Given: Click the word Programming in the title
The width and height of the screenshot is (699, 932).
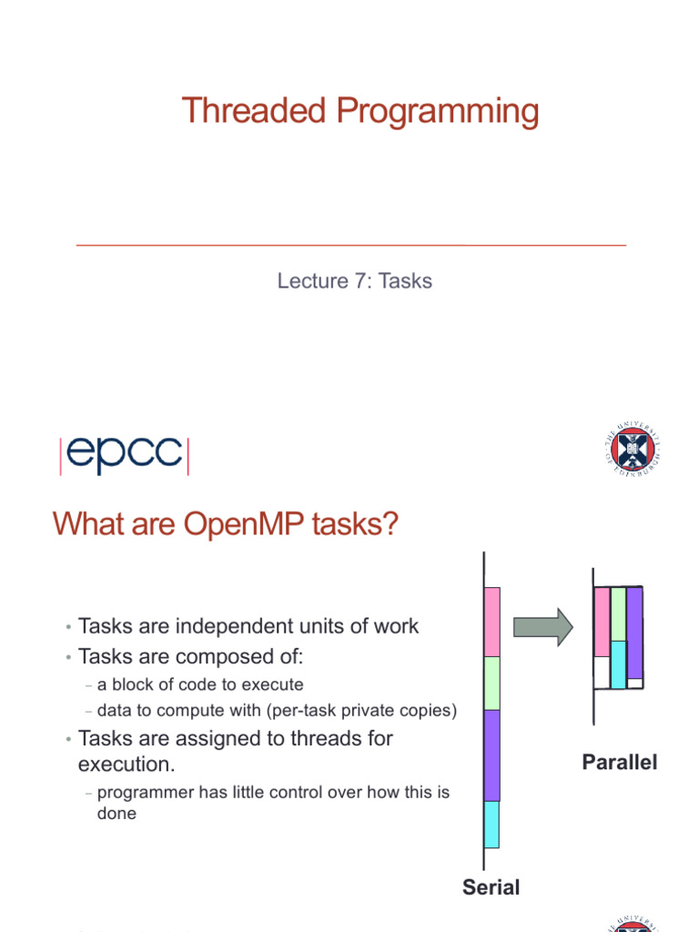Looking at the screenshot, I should coord(437,111).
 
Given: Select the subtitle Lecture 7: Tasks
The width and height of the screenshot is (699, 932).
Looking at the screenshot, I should coord(354,280).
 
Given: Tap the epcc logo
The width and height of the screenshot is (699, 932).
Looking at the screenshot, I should coord(124,455).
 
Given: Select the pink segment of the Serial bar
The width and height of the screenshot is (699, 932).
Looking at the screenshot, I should coord(491,622).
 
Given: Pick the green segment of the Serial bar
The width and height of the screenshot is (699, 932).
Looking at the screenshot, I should coord(491,683).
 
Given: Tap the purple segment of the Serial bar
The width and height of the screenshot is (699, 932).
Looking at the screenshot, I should coord(491,755).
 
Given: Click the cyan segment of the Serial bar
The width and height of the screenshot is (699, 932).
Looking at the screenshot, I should coord(491,824).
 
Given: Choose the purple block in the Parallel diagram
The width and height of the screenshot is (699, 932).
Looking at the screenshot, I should coord(634,632).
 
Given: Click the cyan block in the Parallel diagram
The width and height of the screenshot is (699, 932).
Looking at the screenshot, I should coord(618,664).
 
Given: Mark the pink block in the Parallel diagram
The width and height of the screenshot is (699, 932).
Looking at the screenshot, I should coord(602,622).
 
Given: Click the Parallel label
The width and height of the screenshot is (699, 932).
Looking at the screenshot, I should coord(619,763).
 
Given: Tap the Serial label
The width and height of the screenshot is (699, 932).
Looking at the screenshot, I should coord(491,886).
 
